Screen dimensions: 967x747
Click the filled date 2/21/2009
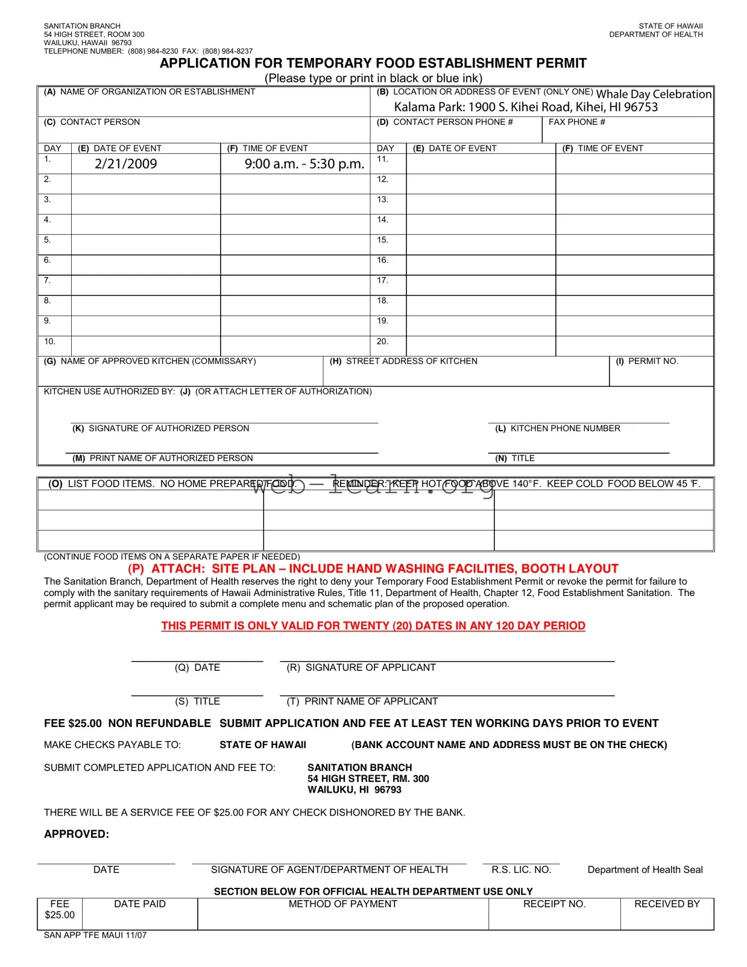tap(125, 163)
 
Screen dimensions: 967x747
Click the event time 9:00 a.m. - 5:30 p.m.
tap(304, 163)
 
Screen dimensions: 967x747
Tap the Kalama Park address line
tap(526, 107)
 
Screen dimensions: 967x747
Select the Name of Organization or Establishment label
tap(150, 92)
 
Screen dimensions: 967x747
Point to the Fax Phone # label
tap(576, 122)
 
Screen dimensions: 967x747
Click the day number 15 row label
tap(382, 240)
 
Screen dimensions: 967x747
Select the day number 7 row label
tap(47, 281)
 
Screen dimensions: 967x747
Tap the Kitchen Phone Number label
tap(558, 428)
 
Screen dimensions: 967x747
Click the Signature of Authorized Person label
tap(161, 428)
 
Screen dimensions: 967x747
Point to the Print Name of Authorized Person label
tap(163, 458)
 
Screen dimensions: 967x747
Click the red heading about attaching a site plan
tap(373, 568)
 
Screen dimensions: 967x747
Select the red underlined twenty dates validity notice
tap(373, 626)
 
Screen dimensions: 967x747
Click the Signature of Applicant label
tap(361, 667)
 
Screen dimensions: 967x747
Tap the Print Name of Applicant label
tap(362, 701)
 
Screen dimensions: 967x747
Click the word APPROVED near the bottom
tap(77, 834)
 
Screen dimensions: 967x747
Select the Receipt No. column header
tap(554, 904)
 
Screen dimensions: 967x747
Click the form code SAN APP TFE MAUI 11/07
tap(95, 935)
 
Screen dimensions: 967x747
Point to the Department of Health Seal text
tap(645, 869)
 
